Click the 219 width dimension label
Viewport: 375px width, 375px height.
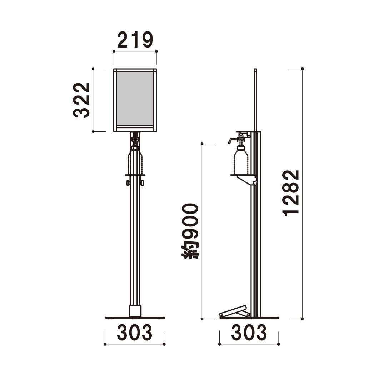pyautogui.click(x=135, y=40)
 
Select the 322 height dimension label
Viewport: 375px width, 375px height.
pyautogui.click(x=81, y=100)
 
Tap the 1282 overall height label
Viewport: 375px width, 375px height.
pyautogui.click(x=291, y=193)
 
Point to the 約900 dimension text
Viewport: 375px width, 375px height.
pyautogui.click(x=190, y=231)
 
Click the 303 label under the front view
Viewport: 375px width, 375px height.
pyautogui.click(x=134, y=332)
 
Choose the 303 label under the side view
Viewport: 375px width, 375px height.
pyautogui.click(x=249, y=332)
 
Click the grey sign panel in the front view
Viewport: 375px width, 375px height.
pyautogui.click(x=135, y=99)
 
